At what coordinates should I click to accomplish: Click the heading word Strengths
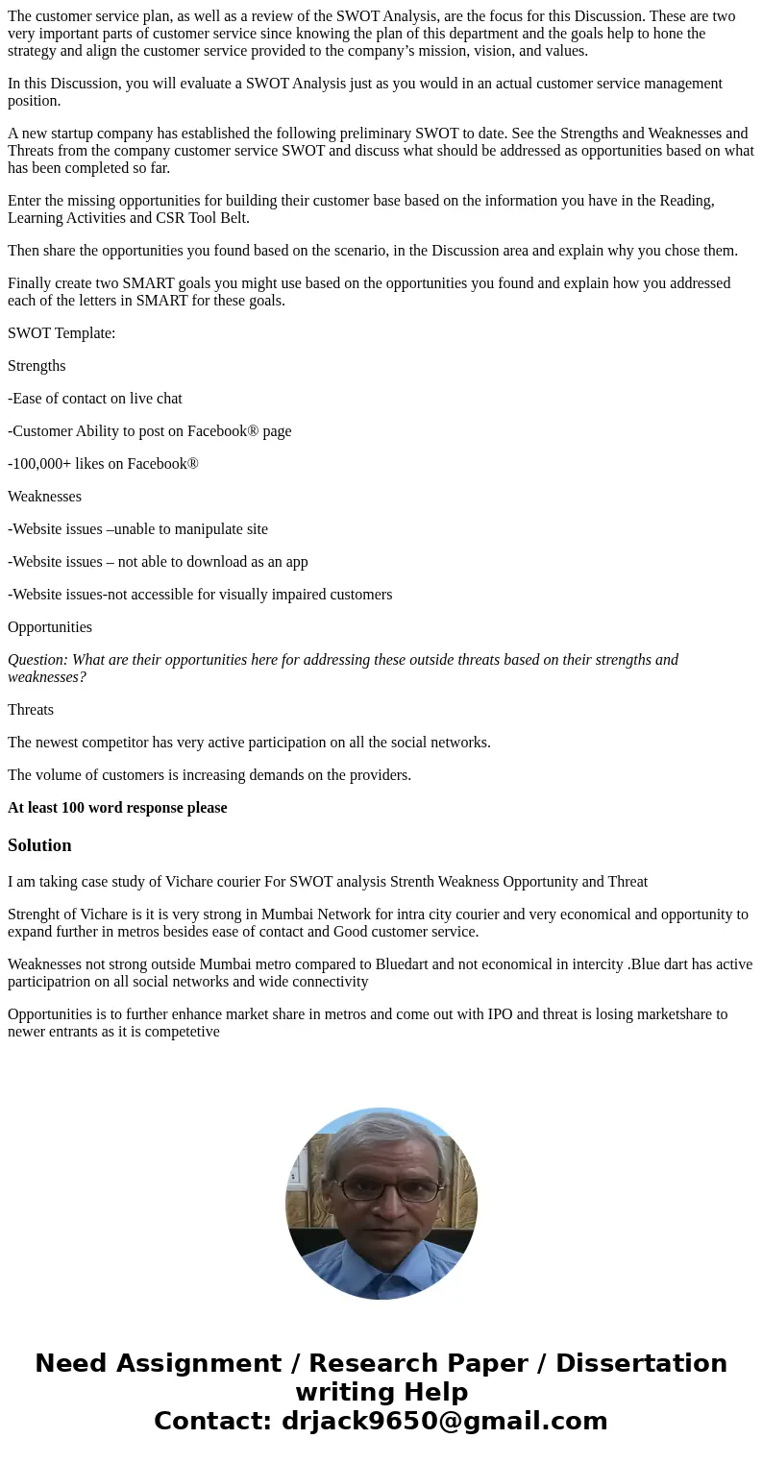tap(37, 366)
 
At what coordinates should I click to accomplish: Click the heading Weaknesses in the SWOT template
tap(44, 497)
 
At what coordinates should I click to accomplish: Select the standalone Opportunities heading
tap(50, 627)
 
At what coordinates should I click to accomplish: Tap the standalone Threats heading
tap(31, 710)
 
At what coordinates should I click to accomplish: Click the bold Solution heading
tap(39, 845)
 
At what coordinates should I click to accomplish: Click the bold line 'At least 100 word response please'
tap(117, 808)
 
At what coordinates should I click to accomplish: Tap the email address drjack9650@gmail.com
tap(444, 1421)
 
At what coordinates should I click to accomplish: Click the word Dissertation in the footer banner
tap(641, 1363)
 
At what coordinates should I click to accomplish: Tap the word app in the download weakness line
tap(296, 562)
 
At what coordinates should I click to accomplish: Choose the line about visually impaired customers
tap(200, 595)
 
